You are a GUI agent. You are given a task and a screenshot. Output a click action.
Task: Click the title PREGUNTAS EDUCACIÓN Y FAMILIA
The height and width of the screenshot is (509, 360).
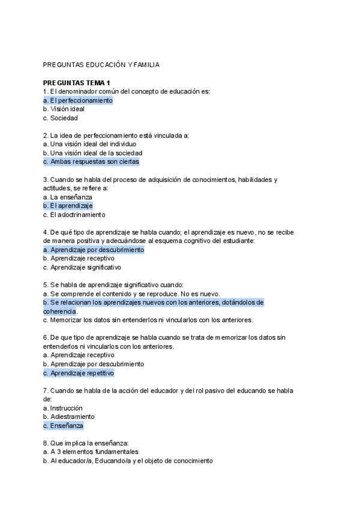point(101,65)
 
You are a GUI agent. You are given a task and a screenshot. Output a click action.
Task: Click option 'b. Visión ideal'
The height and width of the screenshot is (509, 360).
point(64,109)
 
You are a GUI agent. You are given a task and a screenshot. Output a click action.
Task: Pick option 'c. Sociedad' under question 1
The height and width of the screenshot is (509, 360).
point(61,118)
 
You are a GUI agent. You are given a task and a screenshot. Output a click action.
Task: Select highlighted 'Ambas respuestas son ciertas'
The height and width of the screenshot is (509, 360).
point(91,161)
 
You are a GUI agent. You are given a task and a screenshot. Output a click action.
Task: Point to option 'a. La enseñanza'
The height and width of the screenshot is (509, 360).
point(68,197)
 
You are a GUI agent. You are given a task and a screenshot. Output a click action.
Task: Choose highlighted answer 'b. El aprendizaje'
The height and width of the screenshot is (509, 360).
point(68,205)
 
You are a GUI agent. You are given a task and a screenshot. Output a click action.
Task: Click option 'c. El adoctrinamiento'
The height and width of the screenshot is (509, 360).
point(74,214)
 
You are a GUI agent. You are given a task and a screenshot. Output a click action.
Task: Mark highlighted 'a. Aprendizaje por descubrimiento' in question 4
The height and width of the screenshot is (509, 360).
point(94,250)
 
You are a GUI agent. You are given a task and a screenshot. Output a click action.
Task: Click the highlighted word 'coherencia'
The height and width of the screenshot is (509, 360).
point(59,311)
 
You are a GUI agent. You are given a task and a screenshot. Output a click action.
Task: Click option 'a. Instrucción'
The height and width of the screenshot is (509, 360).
point(63,408)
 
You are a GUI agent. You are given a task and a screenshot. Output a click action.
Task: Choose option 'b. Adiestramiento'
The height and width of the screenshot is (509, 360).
point(69,417)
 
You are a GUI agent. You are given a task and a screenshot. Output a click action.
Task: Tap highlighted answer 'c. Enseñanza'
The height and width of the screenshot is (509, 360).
point(64,426)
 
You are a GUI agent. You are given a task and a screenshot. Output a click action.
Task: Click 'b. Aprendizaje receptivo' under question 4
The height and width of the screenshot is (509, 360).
point(79,258)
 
